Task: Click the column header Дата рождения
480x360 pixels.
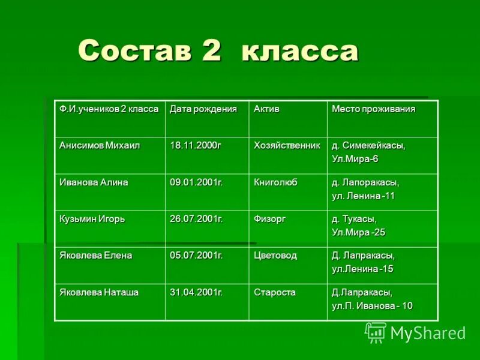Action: [203, 109]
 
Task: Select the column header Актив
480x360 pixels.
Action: [266, 109]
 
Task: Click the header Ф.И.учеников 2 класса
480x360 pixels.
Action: [109, 109]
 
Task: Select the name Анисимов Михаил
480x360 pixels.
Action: [99, 146]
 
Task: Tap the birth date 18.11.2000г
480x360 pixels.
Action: [195, 146]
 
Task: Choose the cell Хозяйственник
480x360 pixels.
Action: [287, 146]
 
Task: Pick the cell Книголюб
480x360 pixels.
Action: [275, 182]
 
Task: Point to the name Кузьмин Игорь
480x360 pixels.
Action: [92, 219]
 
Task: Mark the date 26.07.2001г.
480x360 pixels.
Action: [196, 219]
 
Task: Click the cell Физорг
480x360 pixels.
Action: [269, 219]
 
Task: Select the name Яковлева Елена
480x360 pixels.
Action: [95, 256]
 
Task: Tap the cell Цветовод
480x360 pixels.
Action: [275, 256]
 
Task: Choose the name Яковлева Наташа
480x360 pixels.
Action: [98, 292]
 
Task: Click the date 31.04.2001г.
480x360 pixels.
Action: [196, 292]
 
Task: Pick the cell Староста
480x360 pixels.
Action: [274, 292]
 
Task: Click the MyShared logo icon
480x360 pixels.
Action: [376, 332]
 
